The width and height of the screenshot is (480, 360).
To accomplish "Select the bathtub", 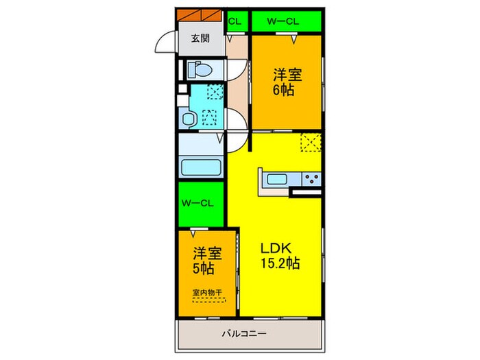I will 200,167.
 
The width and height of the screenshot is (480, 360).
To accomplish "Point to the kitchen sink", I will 277,180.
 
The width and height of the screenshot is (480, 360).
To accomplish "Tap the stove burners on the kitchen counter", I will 311,180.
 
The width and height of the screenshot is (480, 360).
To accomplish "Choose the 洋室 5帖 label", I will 203,260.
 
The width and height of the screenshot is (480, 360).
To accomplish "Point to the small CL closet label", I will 233,21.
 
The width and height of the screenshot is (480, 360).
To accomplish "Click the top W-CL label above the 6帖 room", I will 285,21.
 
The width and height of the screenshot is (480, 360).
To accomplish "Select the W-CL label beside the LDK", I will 201,202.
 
